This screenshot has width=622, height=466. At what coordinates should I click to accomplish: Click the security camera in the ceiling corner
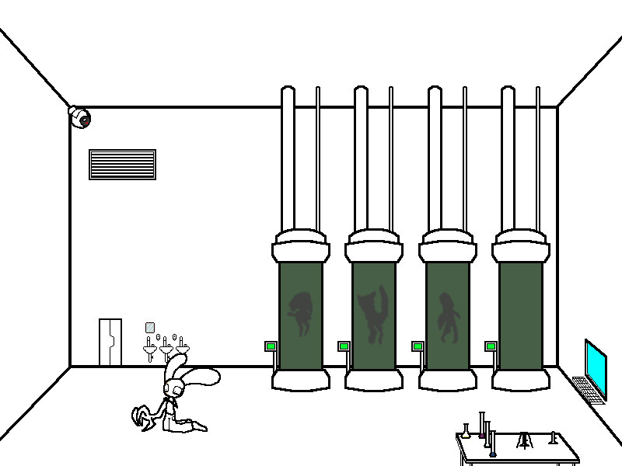79,117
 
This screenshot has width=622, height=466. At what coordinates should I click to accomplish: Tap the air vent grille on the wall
122,165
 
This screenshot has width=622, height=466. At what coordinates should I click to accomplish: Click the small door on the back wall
110,342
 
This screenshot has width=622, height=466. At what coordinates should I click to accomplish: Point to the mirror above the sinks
150,328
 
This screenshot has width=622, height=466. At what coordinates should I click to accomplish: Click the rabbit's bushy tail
142,416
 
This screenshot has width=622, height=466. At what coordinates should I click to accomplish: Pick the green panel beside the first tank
271,346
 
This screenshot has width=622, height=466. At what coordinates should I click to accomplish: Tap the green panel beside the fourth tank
491,346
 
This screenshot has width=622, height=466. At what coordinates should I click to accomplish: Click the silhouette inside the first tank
299,313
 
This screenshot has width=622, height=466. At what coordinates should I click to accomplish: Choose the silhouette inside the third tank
446,316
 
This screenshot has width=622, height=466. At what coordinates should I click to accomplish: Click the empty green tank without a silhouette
520,315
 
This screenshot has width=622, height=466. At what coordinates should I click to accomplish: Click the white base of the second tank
373,379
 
